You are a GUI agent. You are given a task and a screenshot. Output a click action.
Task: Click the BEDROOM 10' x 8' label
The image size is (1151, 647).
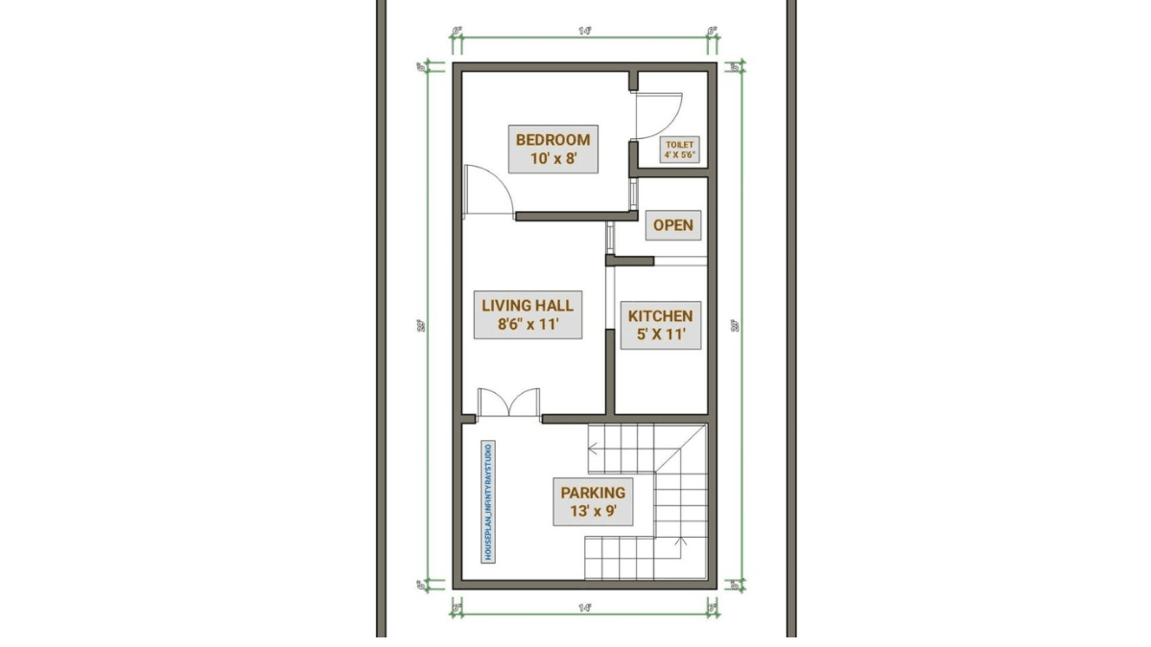tap(553, 149)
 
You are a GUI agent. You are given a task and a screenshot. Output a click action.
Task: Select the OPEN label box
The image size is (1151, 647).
tap(672, 225)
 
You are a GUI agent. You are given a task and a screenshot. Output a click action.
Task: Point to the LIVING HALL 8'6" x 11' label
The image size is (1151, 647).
tap(528, 315)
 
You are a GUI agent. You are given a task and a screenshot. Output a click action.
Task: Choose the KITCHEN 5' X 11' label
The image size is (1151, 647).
tap(660, 325)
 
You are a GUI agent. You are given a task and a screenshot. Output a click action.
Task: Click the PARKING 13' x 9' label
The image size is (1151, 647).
tap(592, 502)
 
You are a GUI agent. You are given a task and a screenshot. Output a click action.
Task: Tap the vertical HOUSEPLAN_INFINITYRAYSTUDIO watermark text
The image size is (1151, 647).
tap(488, 501)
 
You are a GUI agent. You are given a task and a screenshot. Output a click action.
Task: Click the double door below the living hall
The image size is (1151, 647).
tap(509, 403)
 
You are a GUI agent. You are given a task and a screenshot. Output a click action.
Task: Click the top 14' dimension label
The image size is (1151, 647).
tap(584, 32)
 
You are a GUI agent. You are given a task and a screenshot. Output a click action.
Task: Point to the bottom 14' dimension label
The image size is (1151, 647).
tap(584, 607)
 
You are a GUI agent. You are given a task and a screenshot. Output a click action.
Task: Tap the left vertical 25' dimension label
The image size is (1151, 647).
tap(421, 325)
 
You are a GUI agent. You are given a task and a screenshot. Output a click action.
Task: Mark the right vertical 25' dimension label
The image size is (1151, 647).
tap(736, 325)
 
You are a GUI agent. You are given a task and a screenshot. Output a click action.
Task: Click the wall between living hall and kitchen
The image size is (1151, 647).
tap(610, 374)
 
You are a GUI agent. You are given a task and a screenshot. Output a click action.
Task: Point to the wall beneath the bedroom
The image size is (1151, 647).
tap(572, 216)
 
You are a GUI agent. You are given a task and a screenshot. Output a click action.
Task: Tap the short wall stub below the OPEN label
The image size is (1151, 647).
tap(630, 260)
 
